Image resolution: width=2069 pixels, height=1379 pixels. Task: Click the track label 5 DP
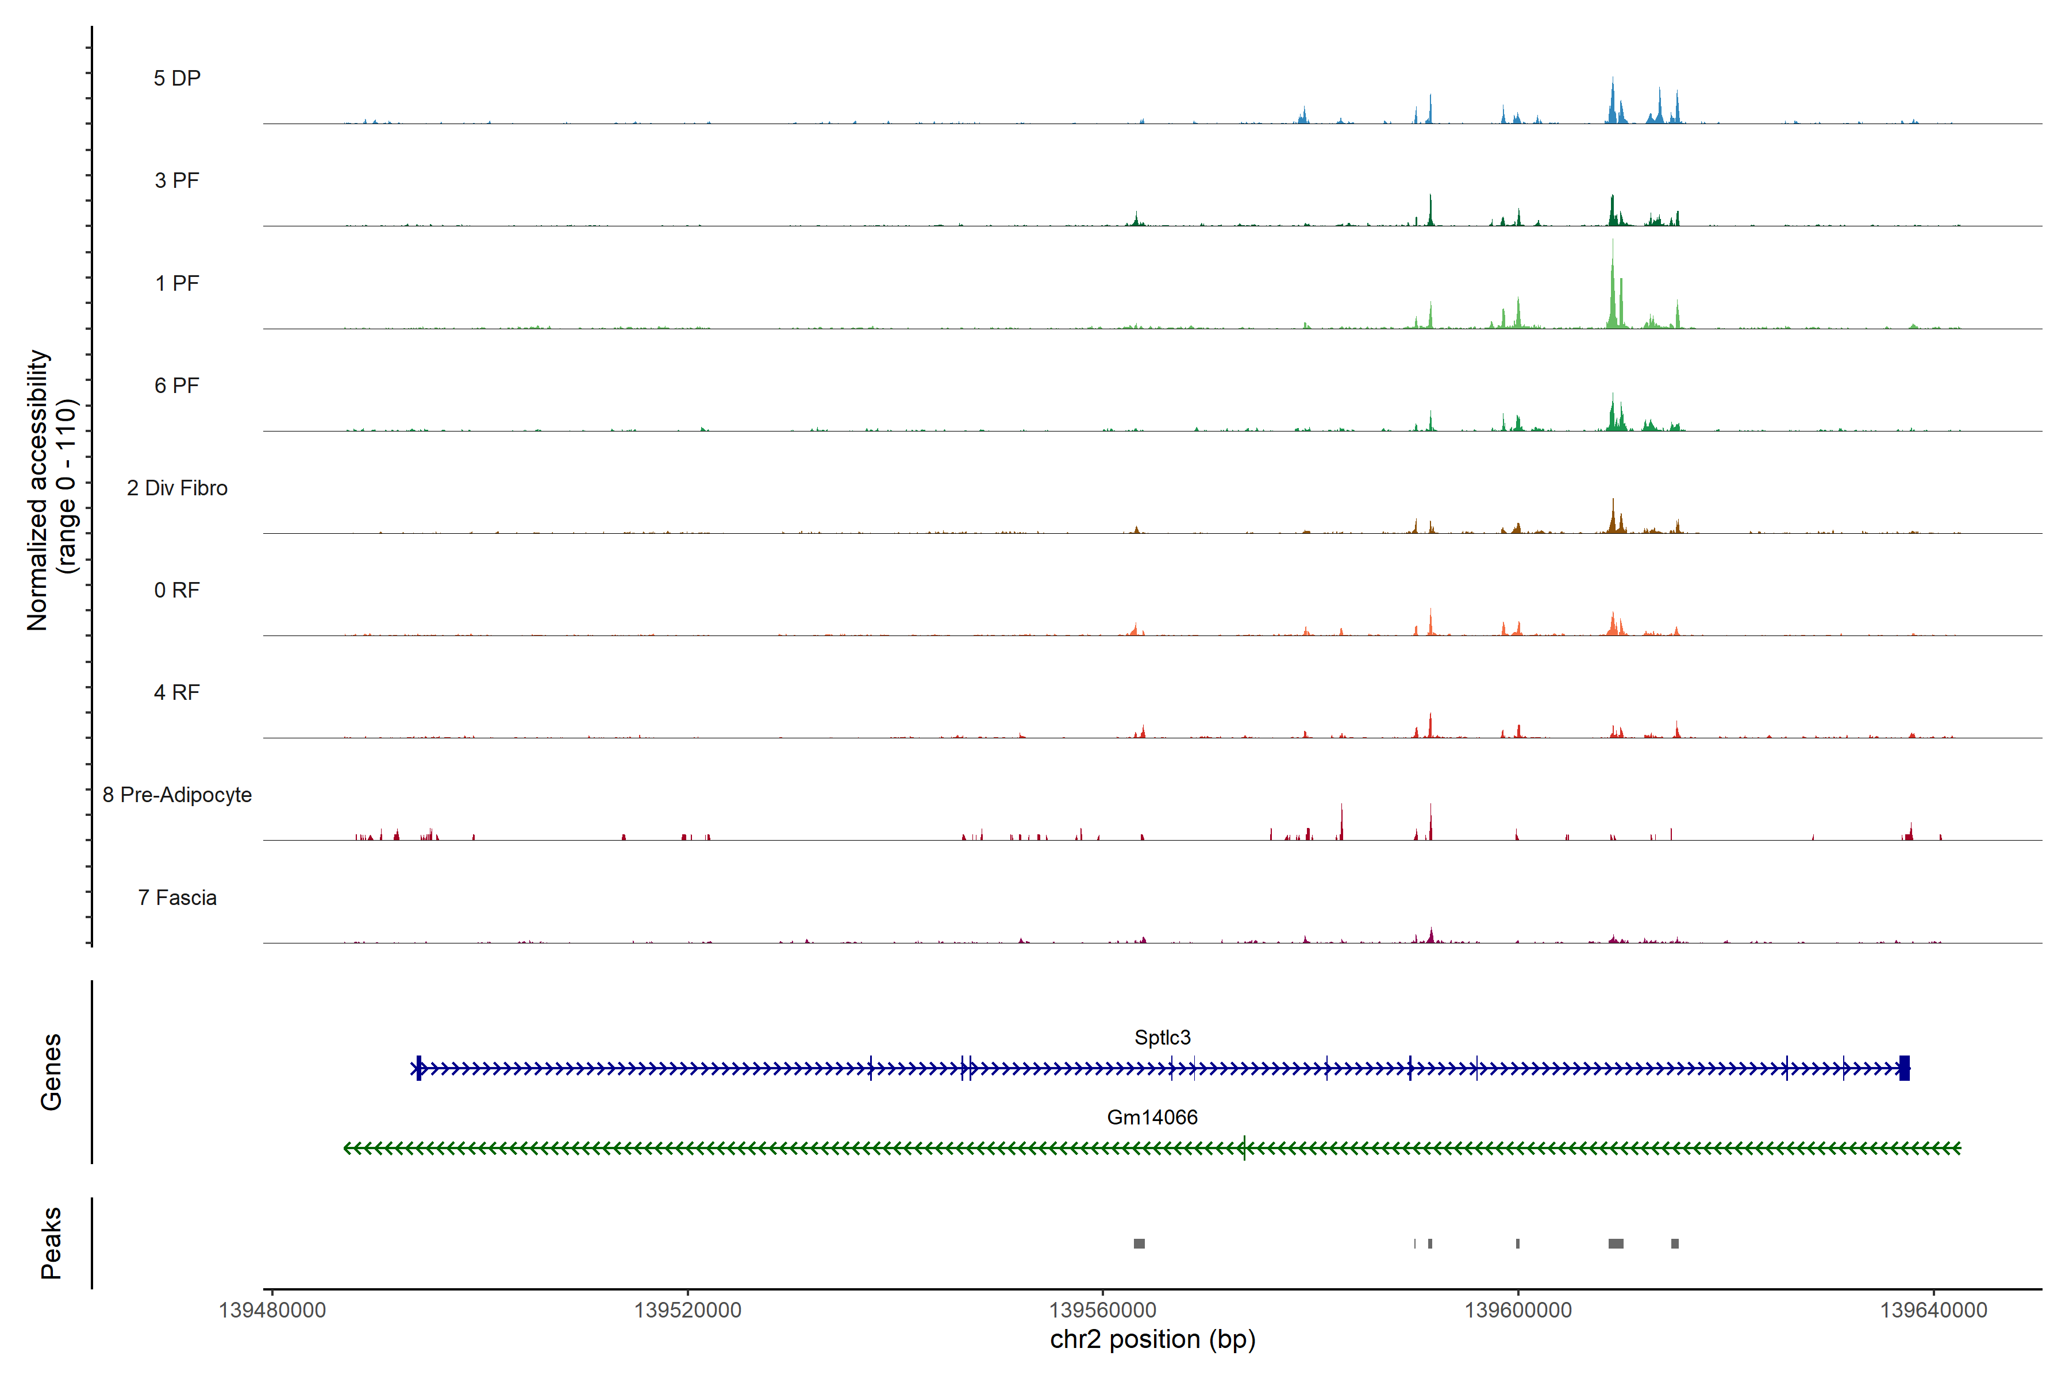177,78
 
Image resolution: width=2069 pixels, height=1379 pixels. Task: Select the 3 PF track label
177,180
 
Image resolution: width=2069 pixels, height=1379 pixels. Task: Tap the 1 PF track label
177,283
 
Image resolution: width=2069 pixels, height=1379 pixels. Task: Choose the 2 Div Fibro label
177,488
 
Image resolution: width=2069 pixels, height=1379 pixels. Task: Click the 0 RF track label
177,590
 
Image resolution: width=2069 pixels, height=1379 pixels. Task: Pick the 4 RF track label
177,692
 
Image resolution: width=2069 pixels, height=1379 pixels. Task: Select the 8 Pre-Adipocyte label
177,795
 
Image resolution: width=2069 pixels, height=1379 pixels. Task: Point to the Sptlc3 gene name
1162,1038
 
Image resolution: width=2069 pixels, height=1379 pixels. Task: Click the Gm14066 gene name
1152,1118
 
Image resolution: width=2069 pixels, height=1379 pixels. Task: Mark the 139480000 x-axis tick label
272,1311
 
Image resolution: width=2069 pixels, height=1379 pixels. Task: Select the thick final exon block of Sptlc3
1905,1069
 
